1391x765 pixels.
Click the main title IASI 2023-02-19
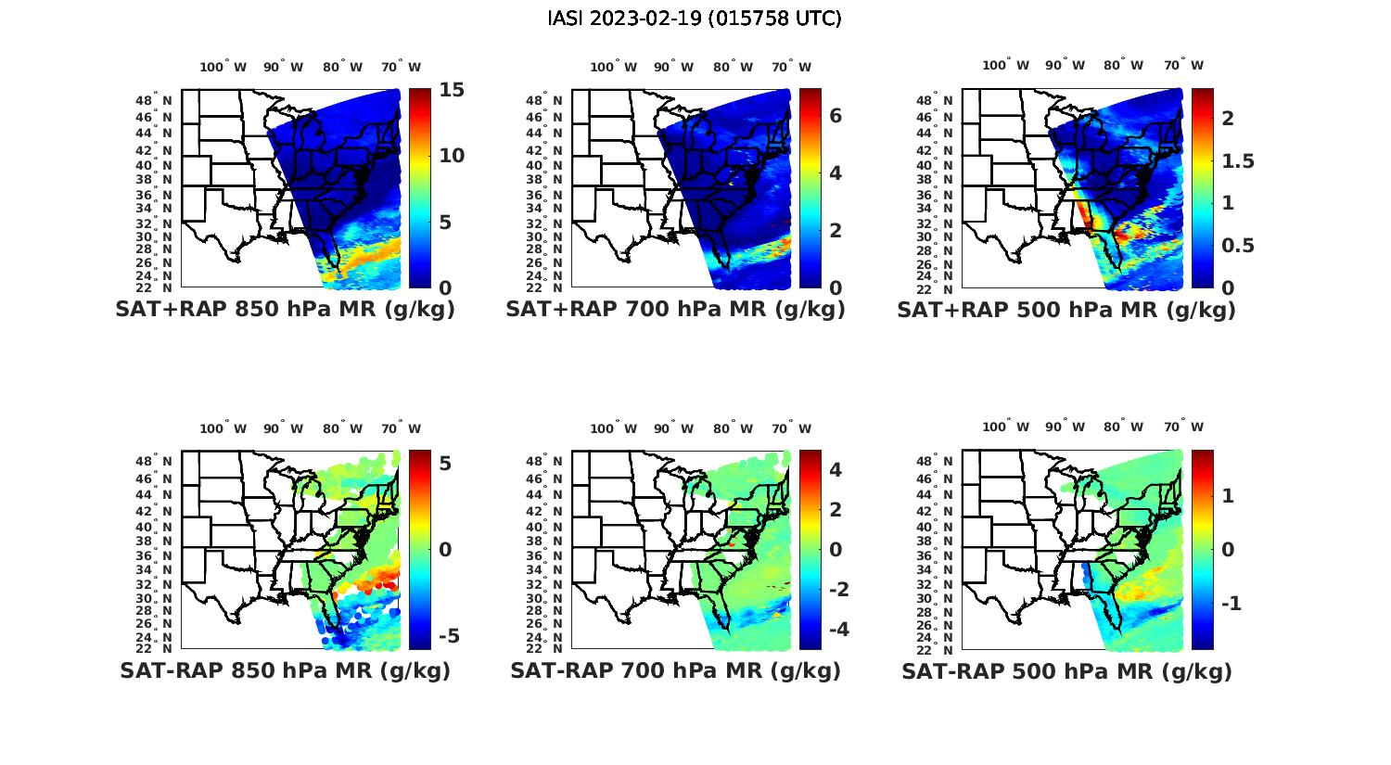(x=695, y=19)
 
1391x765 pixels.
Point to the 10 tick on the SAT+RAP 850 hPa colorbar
(x=452, y=156)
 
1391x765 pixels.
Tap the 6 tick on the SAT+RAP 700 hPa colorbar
(x=835, y=116)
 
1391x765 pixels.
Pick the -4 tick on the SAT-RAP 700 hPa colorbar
(x=836, y=630)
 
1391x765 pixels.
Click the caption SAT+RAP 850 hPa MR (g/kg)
(x=285, y=310)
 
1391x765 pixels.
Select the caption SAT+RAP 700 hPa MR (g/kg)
(x=675, y=310)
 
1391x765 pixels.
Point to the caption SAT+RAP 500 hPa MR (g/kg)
(x=1066, y=310)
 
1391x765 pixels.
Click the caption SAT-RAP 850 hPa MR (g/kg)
(x=285, y=670)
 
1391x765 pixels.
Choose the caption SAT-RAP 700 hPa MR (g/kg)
(x=675, y=670)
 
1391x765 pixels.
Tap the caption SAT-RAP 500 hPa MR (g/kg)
(x=1066, y=670)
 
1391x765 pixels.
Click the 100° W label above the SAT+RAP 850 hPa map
(x=223, y=67)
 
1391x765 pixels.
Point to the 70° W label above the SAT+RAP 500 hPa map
(x=1183, y=65)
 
